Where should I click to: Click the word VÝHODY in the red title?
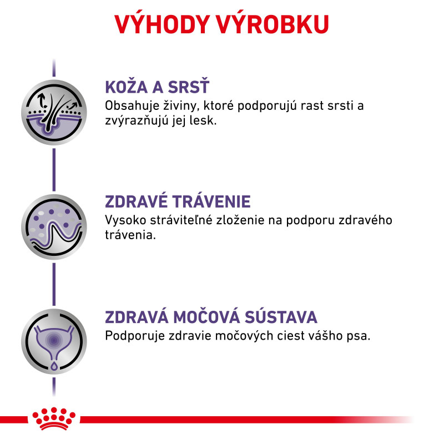(162, 24)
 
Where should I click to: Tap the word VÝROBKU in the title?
(273, 24)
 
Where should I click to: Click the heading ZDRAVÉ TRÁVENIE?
(178, 201)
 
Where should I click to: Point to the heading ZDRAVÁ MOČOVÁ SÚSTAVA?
(211, 316)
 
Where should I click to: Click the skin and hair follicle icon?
(54, 112)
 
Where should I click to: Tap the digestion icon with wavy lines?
(54, 227)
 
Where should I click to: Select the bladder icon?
(54, 341)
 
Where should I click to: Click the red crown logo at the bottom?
(54, 418)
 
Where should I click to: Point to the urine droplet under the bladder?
(54, 366)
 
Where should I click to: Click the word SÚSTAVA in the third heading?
(281, 316)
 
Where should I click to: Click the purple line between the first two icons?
(54, 170)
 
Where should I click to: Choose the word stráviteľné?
(181, 220)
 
